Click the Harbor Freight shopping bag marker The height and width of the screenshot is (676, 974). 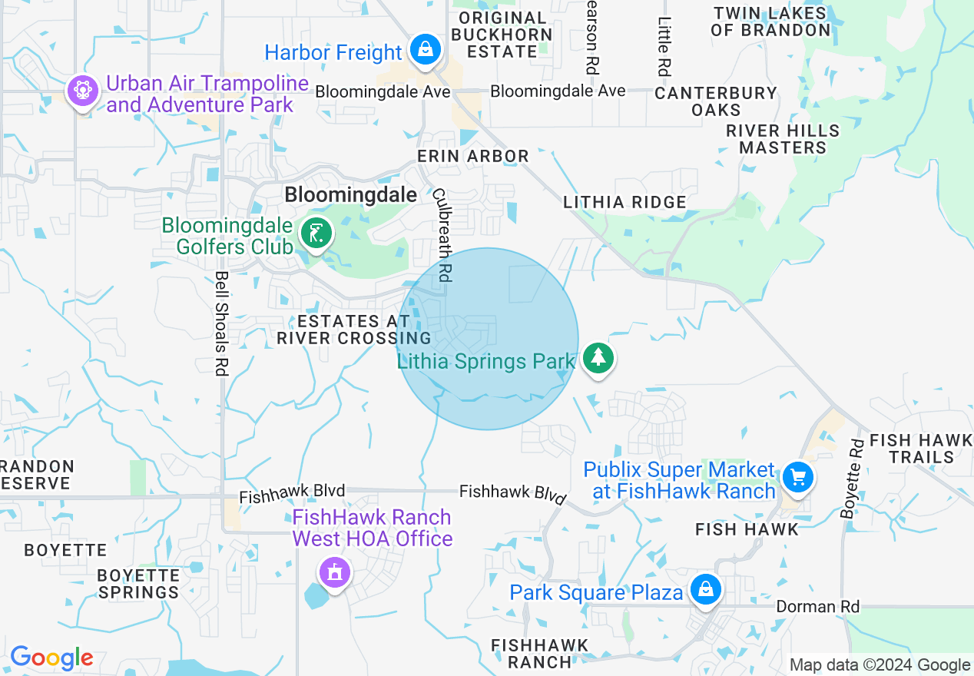point(424,50)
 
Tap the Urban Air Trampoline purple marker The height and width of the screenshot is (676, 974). point(82,91)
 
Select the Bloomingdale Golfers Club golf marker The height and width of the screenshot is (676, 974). point(316,234)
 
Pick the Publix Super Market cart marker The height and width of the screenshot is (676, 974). point(798,478)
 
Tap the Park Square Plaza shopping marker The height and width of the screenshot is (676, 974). point(705,590)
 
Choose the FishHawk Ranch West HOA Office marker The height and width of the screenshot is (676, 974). point(334,572)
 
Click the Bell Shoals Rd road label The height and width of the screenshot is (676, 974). point(221,323)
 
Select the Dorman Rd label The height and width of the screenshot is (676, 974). point(817,607)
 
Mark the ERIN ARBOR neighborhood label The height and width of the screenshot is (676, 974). point(473,156)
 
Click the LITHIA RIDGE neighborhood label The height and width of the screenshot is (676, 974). point(624,202)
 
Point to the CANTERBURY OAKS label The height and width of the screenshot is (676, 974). point(716,101)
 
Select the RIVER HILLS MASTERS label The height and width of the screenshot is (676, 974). point(783,139)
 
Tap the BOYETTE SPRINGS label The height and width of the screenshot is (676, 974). point(138,584)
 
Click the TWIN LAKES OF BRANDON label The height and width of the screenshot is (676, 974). point(770,22)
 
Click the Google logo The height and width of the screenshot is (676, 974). point(51,658)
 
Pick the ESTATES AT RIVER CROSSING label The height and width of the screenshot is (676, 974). point(353,330)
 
